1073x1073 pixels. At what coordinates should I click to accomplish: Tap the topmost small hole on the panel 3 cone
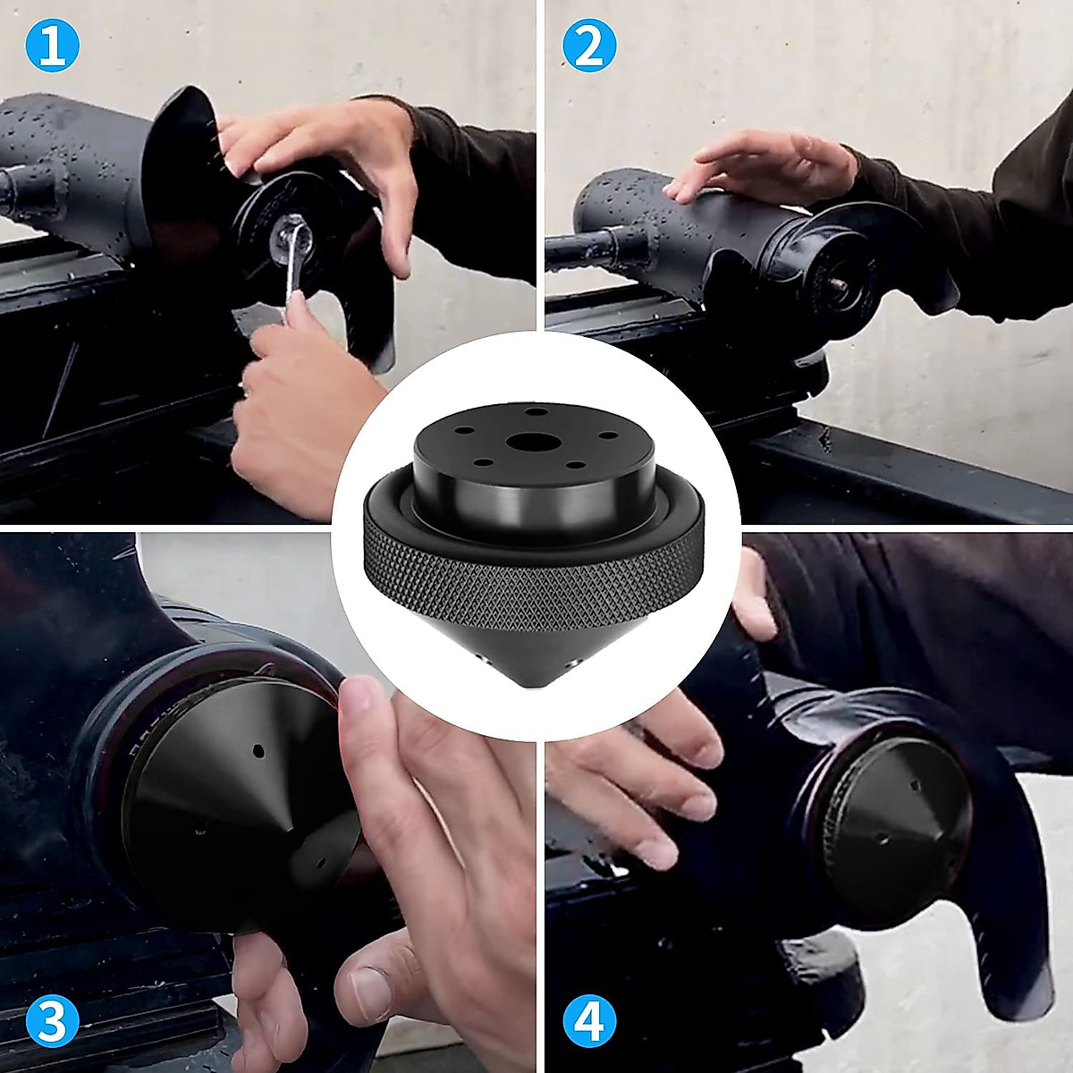[258, 749]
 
